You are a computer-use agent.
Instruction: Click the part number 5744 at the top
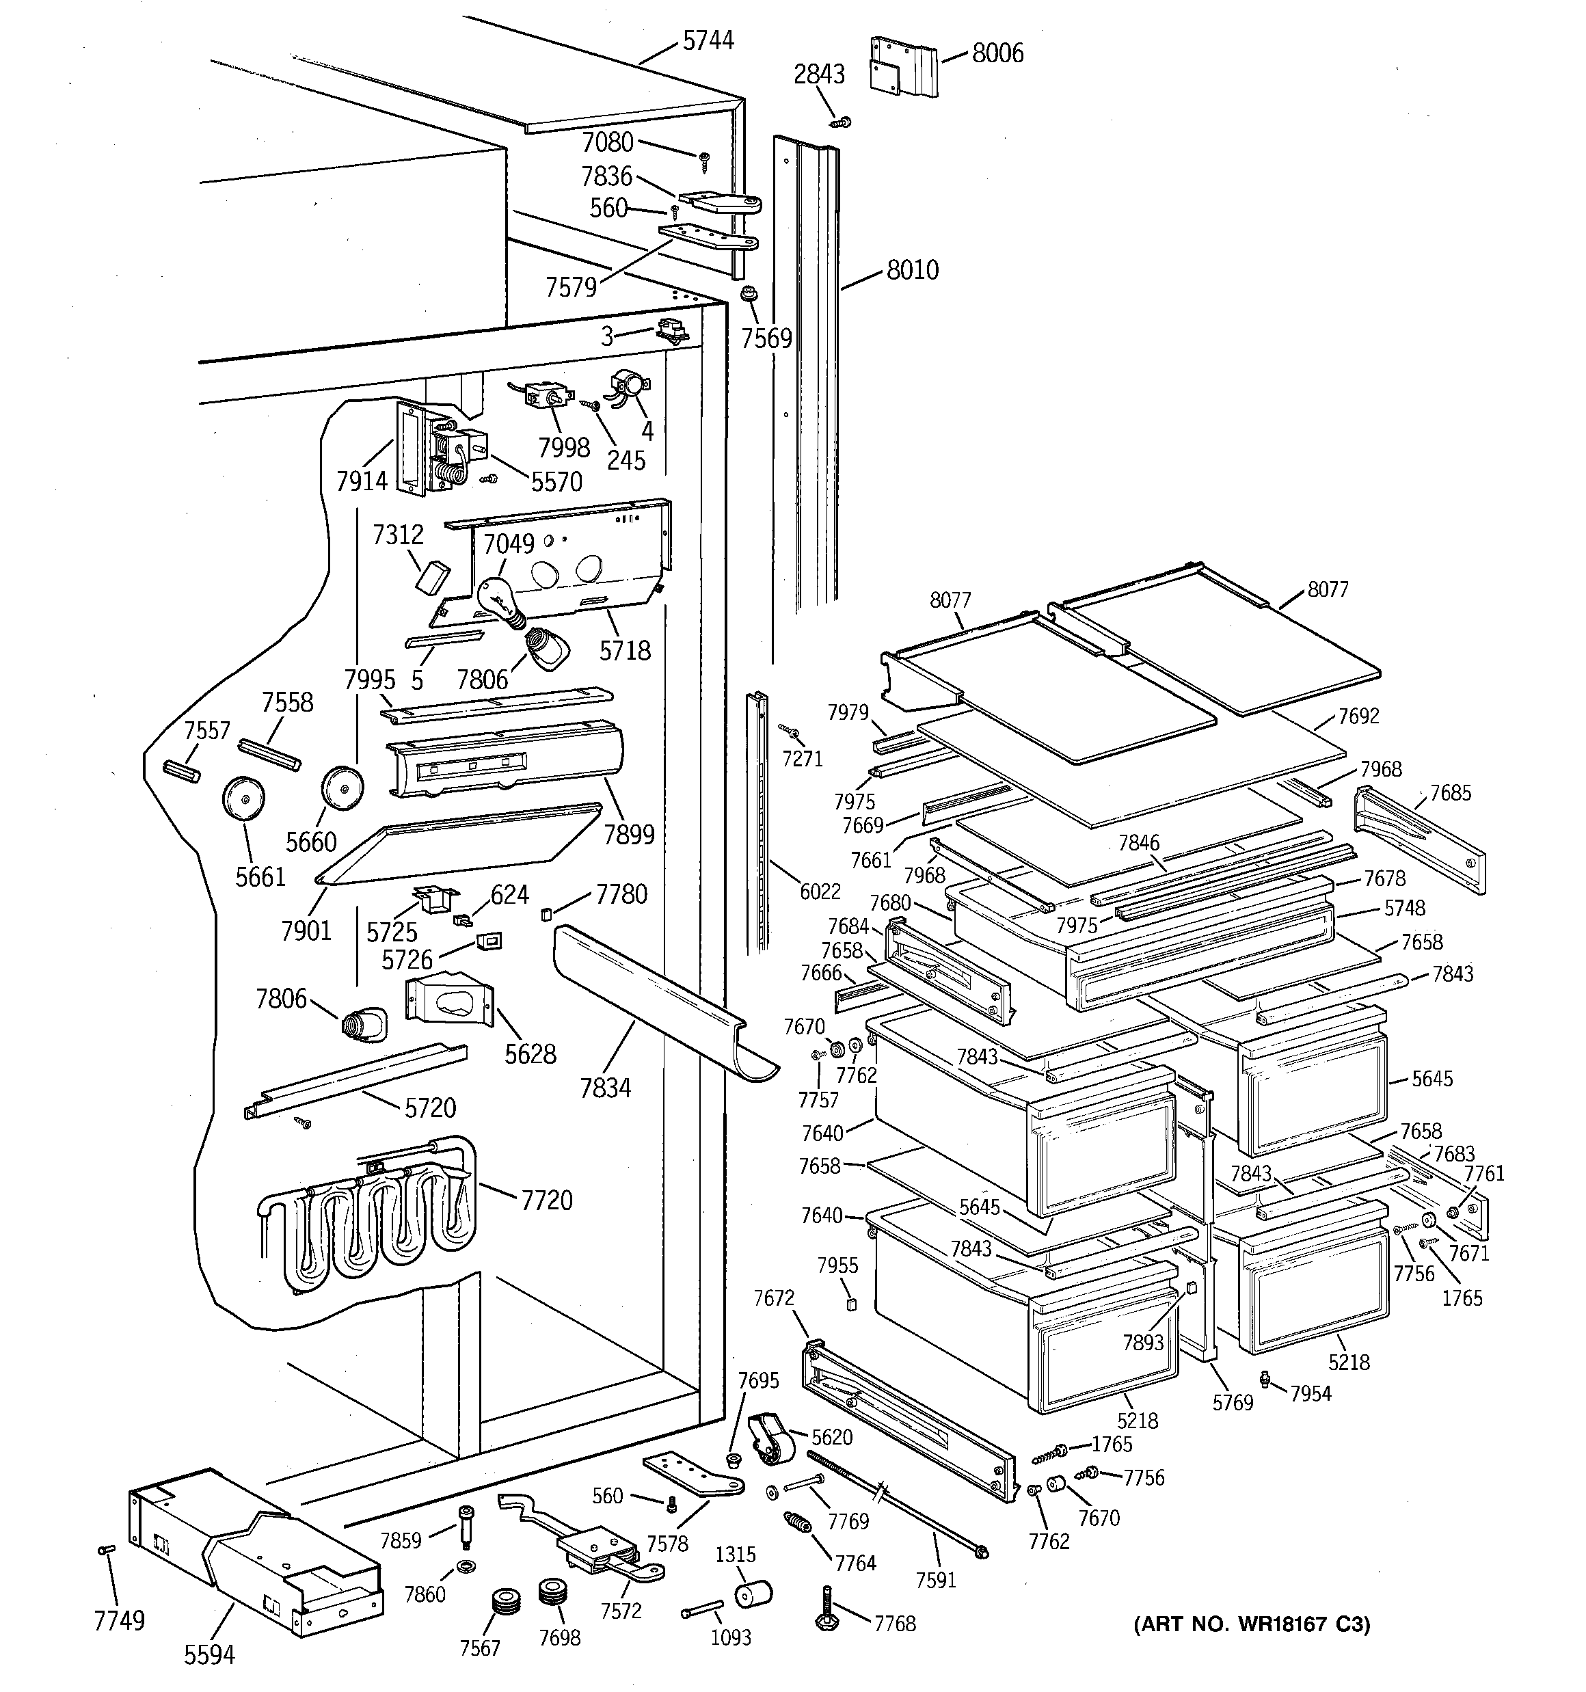[x=708, y=40]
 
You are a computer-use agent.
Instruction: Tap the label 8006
[x=997, y=53]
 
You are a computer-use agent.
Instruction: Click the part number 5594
[x=209, y=1654]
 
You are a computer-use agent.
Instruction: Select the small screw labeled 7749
[x=107, y=1549]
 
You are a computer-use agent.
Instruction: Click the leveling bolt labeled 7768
[x=829, y=1608]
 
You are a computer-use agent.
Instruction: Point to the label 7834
[x=605, y=1087]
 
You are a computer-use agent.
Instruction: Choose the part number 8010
[x=912, y=270]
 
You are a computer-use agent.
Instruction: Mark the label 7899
[x=629, y=834]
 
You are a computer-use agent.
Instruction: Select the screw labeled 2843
[x=840, y=122]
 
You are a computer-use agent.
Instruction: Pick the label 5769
[x=1233, y=1401]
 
